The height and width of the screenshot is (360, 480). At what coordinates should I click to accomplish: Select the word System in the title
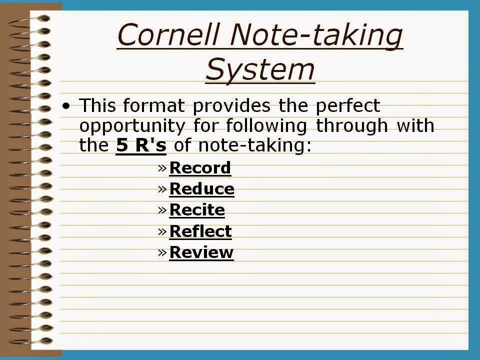click(260, 69)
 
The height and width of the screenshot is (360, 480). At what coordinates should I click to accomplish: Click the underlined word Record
click(200, 168)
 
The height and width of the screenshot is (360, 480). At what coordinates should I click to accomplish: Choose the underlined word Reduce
click(201, 189)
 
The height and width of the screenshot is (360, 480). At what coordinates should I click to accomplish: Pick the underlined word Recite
click(197, 210)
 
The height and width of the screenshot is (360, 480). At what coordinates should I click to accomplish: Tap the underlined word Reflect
click(200, 231)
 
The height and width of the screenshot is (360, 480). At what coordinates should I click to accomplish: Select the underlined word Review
click(201, 252)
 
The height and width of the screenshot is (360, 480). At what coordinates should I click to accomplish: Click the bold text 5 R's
click(141, 145)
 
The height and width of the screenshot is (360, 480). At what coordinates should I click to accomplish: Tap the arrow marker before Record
click(162, 167)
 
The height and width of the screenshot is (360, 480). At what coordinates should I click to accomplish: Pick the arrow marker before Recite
click(162, 209)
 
